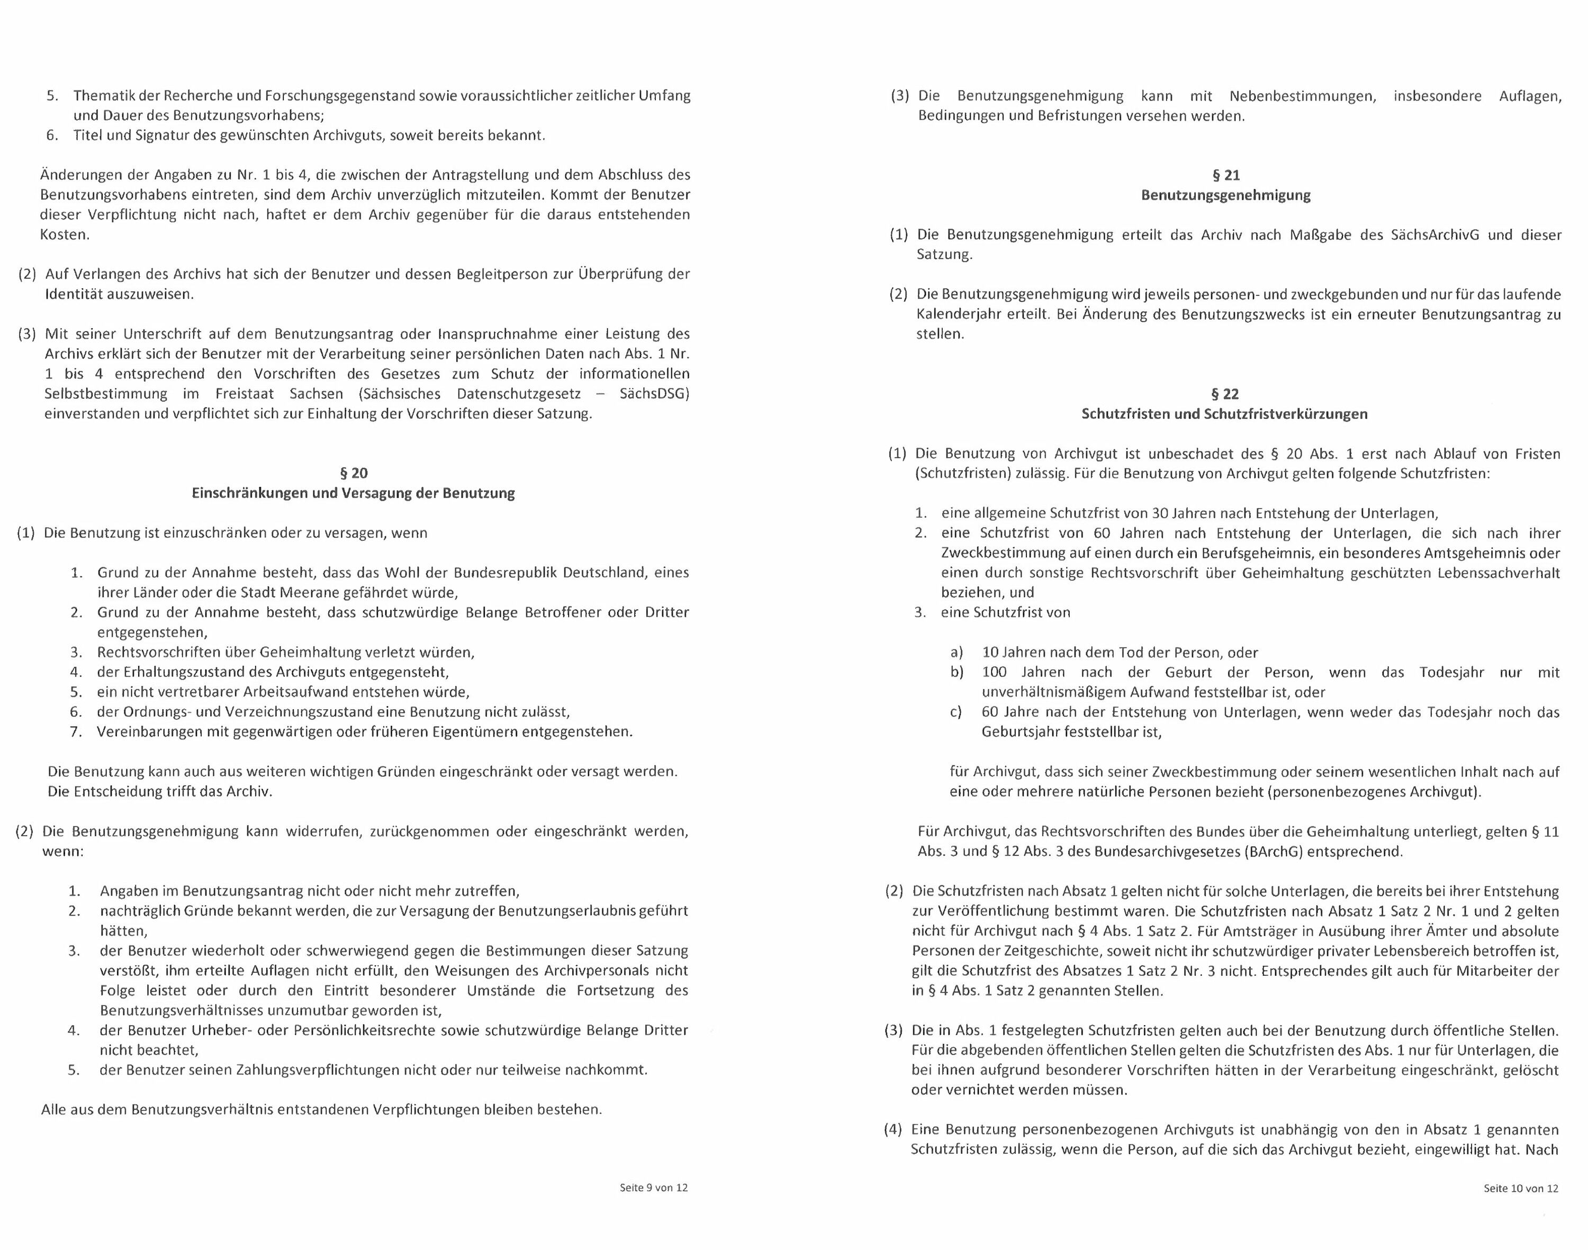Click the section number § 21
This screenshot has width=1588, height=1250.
(x=1225, y=175)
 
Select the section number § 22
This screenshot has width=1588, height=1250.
(x=1225, y=394)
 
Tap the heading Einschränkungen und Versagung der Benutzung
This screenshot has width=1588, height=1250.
(x=353, y=493)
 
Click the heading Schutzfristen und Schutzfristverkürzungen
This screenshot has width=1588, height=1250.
(x=1224, y=413)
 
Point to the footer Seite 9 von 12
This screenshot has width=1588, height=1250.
(x=653, y=1188)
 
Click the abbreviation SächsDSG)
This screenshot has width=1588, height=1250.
(x=654, y=394)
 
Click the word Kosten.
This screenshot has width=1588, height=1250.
(x=65, y=235)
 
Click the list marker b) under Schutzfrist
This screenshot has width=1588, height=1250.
(x=957, y=672)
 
